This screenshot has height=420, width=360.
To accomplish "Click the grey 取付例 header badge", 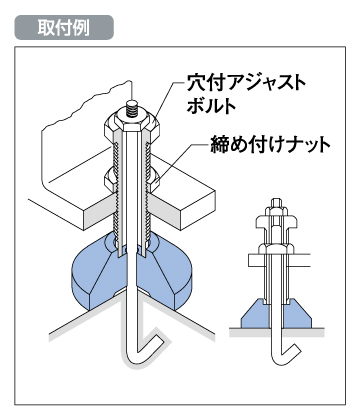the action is pyautogui.click(x=64, y=27).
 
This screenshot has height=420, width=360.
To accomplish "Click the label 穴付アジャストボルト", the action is pyautogui.click(x=246, y=94).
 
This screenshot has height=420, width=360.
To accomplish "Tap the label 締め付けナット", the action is pyautogui.click(x=270, y=145).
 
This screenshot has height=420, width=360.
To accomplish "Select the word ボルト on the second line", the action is pyautogui.click(x=211, y=106).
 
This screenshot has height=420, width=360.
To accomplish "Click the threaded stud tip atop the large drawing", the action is pyautogui.click(x=133, y=109).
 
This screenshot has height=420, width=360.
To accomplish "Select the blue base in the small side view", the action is pyautogui.click(x=276, y=314).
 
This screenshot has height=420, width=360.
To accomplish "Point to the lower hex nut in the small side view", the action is pyautogui.click(x=276, y=248).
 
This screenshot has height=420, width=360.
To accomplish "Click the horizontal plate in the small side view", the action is pyautogui.click(x=279, y=261).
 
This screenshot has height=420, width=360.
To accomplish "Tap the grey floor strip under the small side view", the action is pyautogui.click(x=277, y=332).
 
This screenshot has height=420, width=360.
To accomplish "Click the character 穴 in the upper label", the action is pyautogui.click(x=194, y=83).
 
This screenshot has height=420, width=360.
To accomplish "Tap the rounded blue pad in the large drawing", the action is pyautogui.click(x=133, y=273).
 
